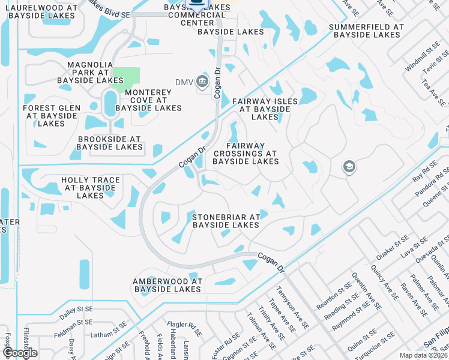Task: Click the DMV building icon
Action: tap(202, 82)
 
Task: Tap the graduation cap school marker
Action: tap(349, 167)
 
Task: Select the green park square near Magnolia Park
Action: tap(126, 77)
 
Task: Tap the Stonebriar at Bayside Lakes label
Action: tap(226, 221)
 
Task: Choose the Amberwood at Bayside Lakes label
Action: tap(167, 285)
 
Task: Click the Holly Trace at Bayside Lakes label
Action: tap(91, 188)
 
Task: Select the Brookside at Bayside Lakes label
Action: tap(110, 143)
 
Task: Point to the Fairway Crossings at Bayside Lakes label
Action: tap(245, 154)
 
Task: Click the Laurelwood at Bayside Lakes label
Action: tap(41, 11)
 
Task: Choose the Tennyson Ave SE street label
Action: tap(293, 308)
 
